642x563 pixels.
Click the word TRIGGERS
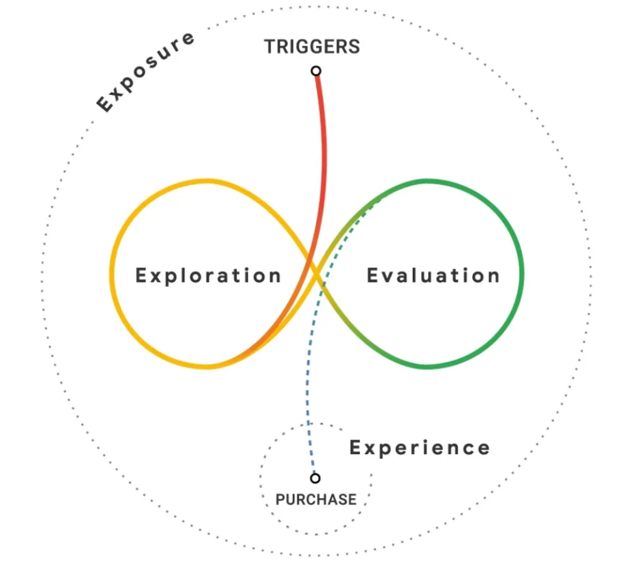(x=312, y=47)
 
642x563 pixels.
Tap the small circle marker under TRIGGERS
(x=316, y=71)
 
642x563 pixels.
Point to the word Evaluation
(x=433, y=275)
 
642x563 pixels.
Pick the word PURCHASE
(x=316, y=499)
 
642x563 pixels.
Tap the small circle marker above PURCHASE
(x=315, y=478)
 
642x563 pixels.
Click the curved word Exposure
(x=146, y=72)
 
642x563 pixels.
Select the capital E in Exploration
(x=141, y=275)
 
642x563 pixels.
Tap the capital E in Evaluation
(x=372, y=275)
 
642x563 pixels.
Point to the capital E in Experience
(x=356, y=447)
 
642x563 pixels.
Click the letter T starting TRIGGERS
(x=270, y=47)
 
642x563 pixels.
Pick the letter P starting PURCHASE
(x=280, y=499)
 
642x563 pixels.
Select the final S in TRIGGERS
(x=354, y=47)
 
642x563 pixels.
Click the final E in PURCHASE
(x=352, y=499)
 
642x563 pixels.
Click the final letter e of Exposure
(x=188, y=38)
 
